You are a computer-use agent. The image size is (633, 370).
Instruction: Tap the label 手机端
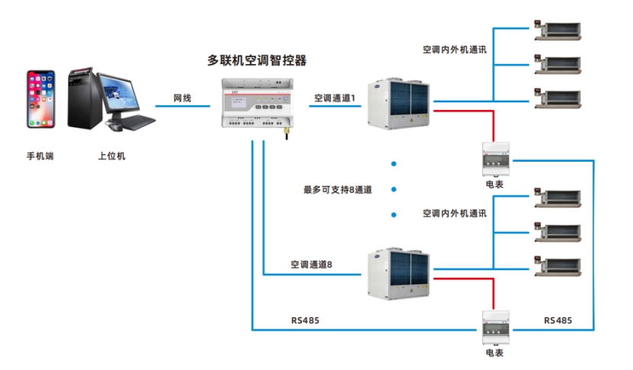tap(40, 156)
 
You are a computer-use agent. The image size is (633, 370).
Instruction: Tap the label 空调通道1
tap(336, 98)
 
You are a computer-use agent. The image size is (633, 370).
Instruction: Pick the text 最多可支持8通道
tap(337, 189)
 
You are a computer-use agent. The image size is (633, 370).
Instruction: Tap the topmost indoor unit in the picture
tap(556, 30)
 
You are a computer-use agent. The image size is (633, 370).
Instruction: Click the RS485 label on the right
tap(558, 320)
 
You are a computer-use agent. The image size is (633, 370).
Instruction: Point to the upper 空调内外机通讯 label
tap(455, 50)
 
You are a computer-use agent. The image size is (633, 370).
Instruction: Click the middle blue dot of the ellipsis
tap(394, 189)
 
